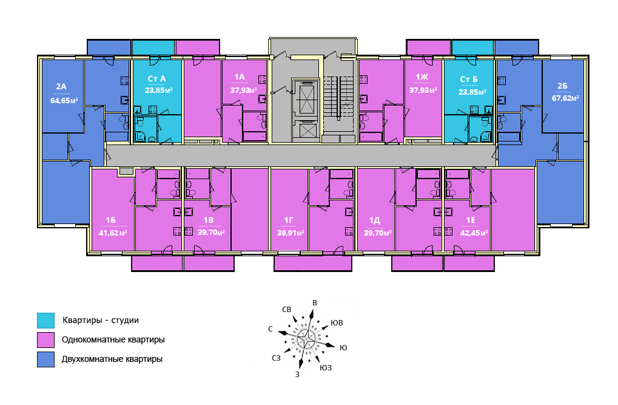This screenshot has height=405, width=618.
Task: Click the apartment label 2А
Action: [x=61, y=86]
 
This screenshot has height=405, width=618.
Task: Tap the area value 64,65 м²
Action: [x=64, y=100]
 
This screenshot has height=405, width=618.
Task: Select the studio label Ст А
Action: [x=156, y=78]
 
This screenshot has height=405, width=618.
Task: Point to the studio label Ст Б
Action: [x=469, y=80]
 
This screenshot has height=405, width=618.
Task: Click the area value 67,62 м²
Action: [x=565, y=98]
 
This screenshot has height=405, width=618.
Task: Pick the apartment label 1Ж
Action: [x=422, y=77]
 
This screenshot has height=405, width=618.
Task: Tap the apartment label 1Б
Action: [x=110, y=220]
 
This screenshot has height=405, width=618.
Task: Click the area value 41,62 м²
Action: [x=113, y=233]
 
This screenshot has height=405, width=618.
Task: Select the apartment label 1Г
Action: [x=289, y=220]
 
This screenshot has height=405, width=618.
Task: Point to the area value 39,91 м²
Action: [x=291, y=233]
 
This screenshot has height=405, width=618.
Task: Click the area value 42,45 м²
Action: [x=474, y=233]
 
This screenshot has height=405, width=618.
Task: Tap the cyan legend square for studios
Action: [x=45, y=321]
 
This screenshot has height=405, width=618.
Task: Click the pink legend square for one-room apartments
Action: [x=45, y=340]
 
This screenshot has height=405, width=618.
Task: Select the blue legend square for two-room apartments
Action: [x=45, y=359]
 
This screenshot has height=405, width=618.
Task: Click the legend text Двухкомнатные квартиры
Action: [x=112, y=359]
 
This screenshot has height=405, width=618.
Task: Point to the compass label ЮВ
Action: [x=337, y=323]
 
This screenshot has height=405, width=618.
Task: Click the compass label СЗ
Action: [x=277, y=358]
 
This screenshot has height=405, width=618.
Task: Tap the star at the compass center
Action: [x=305, y=338]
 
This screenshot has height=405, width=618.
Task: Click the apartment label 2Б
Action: [x=562, y=86]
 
